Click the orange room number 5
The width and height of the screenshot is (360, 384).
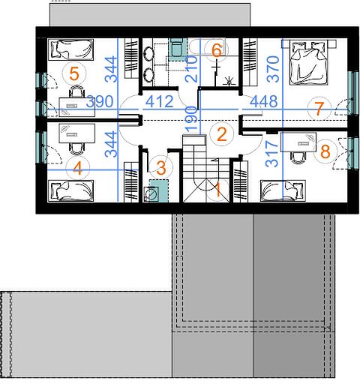(x=74, y=74)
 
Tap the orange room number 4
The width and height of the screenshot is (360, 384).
(x=77, y=168)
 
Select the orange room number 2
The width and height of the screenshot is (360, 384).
(x=222, y=134)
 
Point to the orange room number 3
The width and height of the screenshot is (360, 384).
(x=161, y=168)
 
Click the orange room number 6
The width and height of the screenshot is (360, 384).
(x=217, y=50)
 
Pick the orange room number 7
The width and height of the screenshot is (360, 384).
(x=319, y=109)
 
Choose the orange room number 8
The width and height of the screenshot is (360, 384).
(x=325, y=151)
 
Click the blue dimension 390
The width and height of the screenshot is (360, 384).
(x=100, y=102)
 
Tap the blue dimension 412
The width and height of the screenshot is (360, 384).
(x=160, y=102)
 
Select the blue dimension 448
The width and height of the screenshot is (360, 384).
(x=264, y=102)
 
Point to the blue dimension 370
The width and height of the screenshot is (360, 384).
(x=273, y=69)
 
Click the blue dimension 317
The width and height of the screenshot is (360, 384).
(x=271, y=154)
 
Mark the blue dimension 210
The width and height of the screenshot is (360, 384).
(x=191, y=69)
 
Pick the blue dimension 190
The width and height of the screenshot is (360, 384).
(x=191, y=118)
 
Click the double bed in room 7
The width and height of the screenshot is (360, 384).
(x=308, y=62)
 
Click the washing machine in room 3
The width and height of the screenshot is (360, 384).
(x=151, y=193)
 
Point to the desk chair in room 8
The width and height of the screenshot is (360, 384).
(x=298, y=157)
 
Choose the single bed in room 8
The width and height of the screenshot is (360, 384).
(x=283, y=190)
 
